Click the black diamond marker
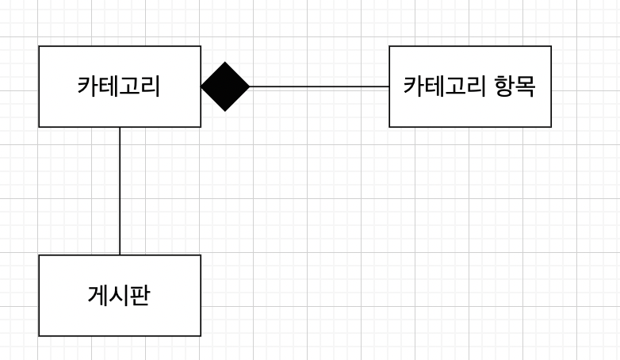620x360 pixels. click(225, 86)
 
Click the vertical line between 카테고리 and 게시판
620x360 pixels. click(120, 190)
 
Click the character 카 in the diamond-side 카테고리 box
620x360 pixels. click(87, 86)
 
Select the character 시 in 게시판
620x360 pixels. click(119, 295)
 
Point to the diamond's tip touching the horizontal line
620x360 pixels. click(249, 86)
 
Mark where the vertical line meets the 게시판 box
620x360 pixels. click(120, 255)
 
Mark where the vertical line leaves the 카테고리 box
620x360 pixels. click(120, 127)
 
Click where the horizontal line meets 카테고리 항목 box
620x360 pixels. click(389, 86)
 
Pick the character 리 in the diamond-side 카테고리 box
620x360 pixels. click(150, 86)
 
